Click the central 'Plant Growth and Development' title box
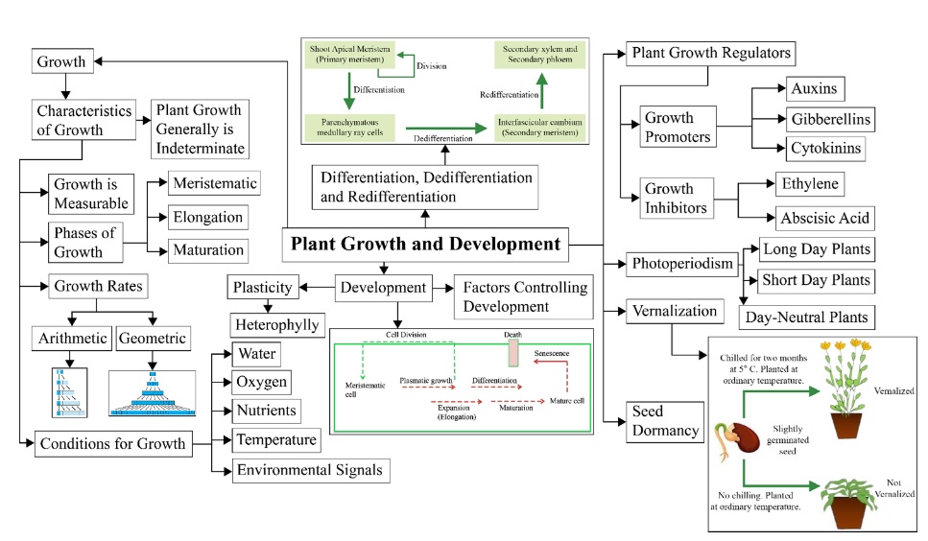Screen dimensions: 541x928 pos(425,244)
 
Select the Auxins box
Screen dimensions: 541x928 pos(814,89)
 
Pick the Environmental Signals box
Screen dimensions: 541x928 pos(311,469)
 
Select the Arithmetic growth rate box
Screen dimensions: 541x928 pos(72,338)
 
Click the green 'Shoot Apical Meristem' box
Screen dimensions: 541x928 pos(345,54)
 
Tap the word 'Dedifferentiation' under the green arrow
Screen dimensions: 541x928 pos(442,140)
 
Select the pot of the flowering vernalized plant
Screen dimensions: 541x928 pos(846,422)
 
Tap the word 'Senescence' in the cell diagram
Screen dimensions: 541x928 pos(552,353)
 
